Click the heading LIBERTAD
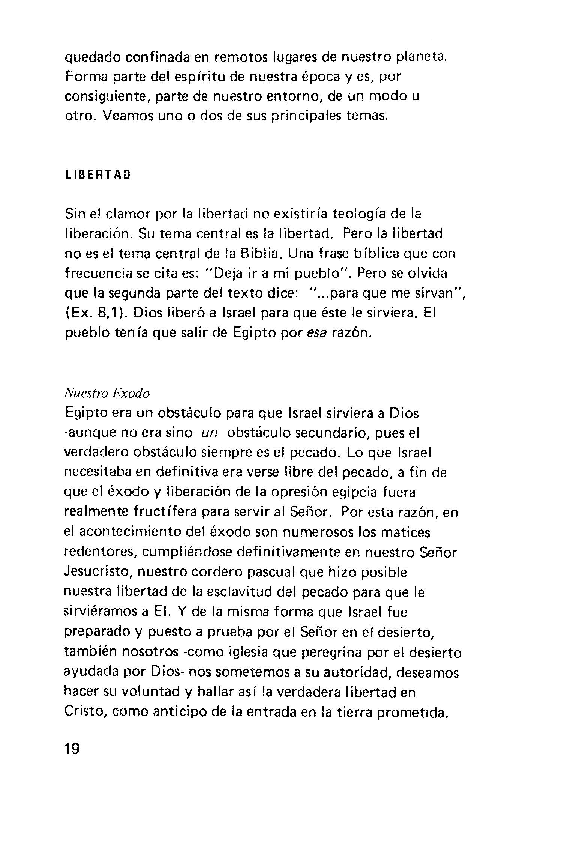point(97,175)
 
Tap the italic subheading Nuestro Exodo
point(107,394)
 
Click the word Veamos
point(126,116)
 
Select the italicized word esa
point(317,333)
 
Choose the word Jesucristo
point(98,572)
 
